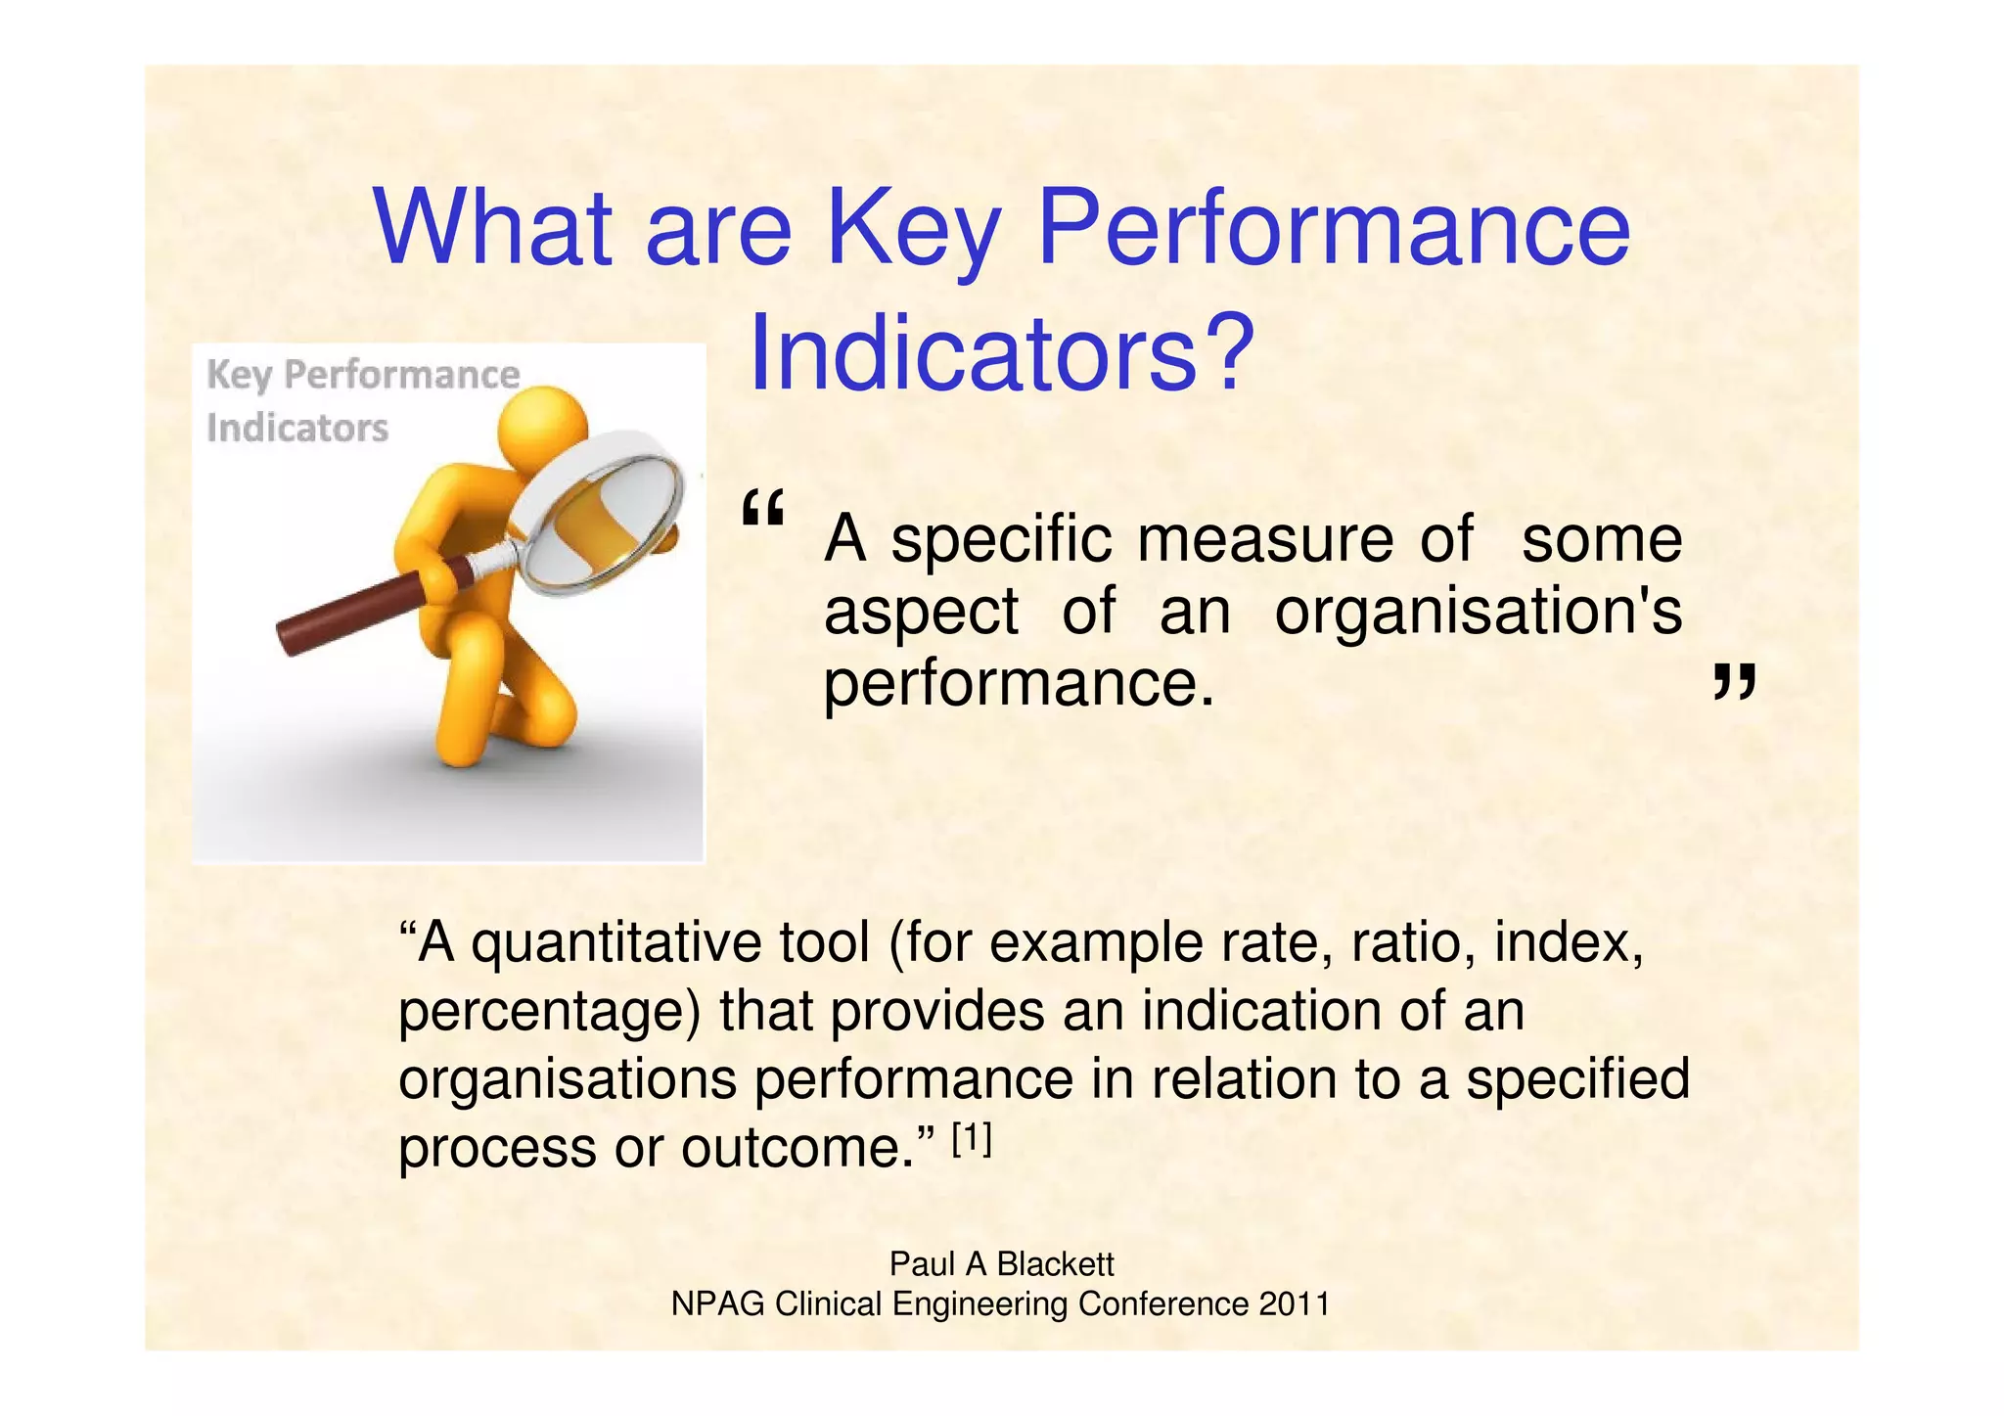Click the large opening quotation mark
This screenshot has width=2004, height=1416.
[763, 511]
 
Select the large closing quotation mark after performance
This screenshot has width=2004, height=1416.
[1734, 682]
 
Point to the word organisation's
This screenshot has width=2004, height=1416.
[1478, 612]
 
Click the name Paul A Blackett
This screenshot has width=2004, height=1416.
[1001, 1264]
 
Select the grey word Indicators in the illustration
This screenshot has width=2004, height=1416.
[297, 429]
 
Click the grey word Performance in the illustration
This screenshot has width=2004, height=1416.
[401, 375]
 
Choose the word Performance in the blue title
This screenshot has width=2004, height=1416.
[1333, 230]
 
